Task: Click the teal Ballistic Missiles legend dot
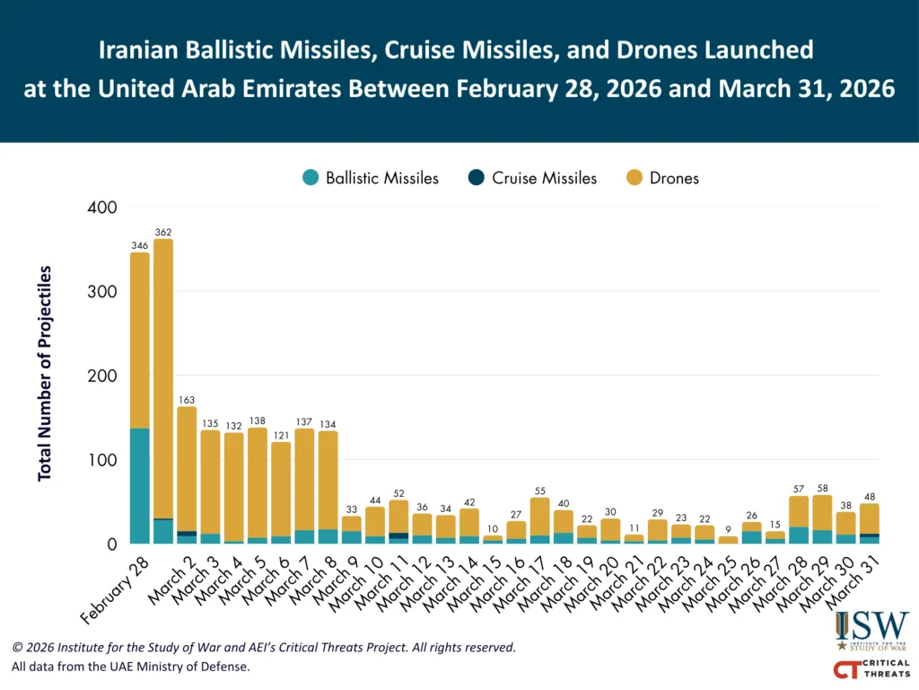pos(310,178)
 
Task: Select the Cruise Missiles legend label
pos(544,178)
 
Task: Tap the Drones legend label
pos(675,178)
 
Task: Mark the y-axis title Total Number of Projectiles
pos(45,373)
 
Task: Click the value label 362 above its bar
pos(163,232)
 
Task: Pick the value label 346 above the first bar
pos(139,245)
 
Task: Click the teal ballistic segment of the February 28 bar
pos(140,485)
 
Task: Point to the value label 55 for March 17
pos(540,491)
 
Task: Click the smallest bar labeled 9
pos(728,540)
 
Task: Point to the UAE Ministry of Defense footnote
pos(131,667)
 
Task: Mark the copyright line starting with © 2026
pos(264,647)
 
